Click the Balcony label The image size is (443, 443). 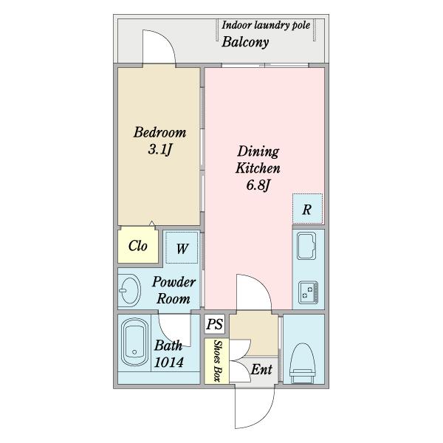click(x=245, y=42)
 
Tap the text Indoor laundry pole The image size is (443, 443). click(x=266, y=25)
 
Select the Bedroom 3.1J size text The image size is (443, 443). click(x=160, y=149)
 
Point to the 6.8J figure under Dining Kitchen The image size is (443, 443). click(x=258, y=185)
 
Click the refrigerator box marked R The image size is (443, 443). click(x=307, y=209)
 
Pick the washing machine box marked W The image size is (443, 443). click(x=182, y=248)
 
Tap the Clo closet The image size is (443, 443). click(x=137, y=246)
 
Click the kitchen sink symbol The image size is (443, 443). click(x=306, y=246)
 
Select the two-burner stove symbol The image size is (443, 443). click(x=308, y=292)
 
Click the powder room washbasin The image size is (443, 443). click(x=129, y=290)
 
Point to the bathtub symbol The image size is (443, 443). click(x=134, y=342)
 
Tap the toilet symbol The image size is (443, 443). click(x=302, y=363)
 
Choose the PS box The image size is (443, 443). click(x=215, y=324)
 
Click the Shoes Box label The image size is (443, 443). click(x=217, y=361)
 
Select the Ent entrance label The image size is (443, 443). click(x=261, y=370)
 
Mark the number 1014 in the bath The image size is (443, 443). click(x=168, y=363)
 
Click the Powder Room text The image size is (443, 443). click(x=174, y=290)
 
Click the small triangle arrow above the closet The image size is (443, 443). click(x=151, y=223)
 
